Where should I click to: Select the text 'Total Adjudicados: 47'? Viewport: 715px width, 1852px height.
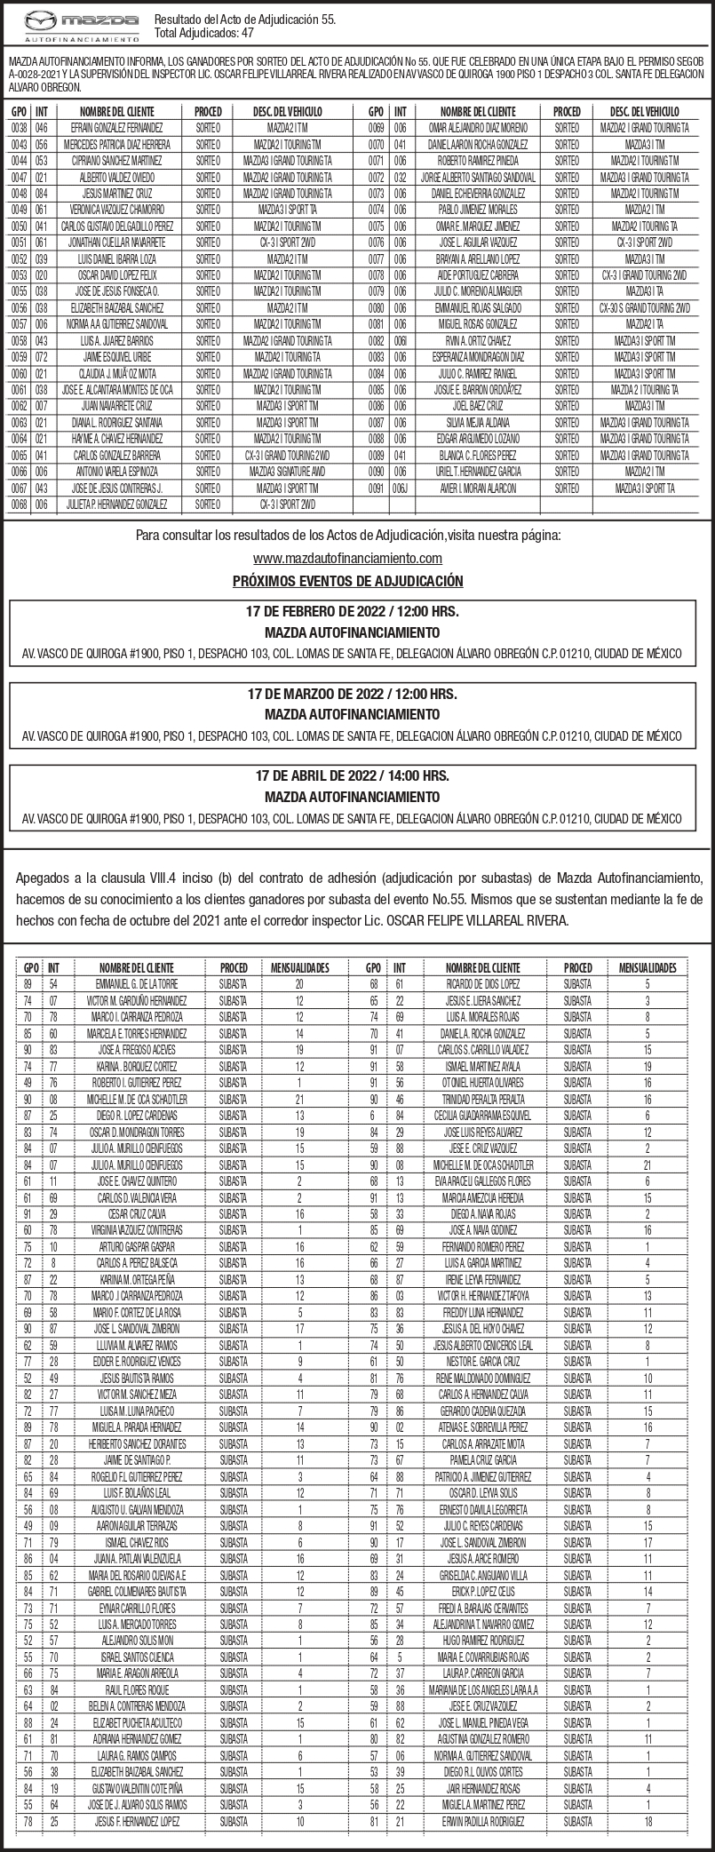click(205, 33)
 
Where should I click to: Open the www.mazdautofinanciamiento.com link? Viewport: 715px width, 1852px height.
click(347, 558)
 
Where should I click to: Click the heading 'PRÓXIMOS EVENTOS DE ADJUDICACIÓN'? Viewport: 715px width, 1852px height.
click(347, 581)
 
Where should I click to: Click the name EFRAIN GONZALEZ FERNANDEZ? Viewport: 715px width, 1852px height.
click(116, 129)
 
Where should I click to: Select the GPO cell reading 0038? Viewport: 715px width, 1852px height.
click(19, 129)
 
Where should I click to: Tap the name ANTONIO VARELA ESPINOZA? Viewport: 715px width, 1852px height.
click(116, 471)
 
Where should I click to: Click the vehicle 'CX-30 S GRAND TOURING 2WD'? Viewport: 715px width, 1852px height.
click(644, 306)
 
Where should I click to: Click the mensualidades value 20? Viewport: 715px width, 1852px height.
click(299, 984)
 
